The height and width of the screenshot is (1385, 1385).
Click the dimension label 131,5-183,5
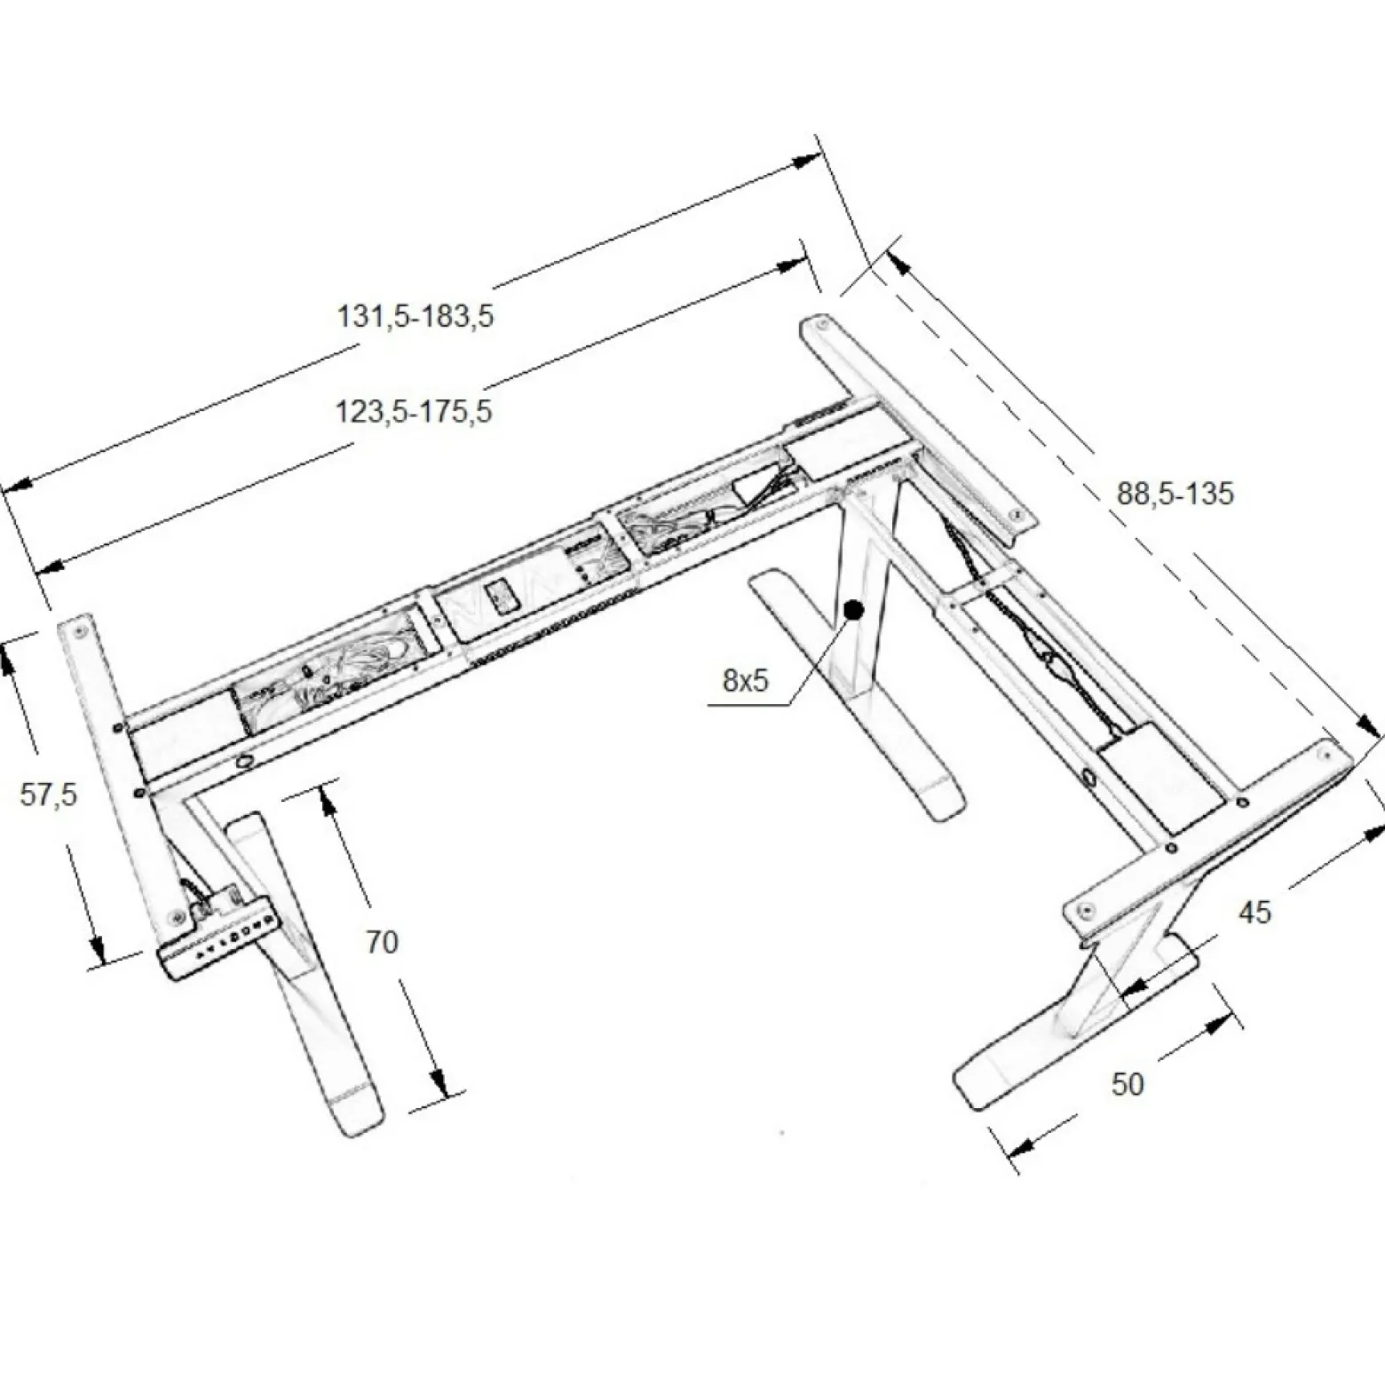[x=415, y=316]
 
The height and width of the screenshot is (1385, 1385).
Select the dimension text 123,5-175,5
[x=413, y=412]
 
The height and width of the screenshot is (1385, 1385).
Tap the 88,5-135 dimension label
[x=1175, y=494]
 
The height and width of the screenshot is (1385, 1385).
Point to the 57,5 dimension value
[x=49, y=795]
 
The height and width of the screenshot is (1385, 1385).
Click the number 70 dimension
[x=382, y=942]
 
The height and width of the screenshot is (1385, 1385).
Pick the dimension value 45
[x=1254, y=912]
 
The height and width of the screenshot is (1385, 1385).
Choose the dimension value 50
[x=1128, y=1084]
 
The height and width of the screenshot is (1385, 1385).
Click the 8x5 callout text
[x=745, y=681]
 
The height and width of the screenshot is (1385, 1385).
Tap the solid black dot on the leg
[x=854, y=610]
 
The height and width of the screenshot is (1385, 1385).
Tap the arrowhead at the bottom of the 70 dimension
[x=438, y=1081]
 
